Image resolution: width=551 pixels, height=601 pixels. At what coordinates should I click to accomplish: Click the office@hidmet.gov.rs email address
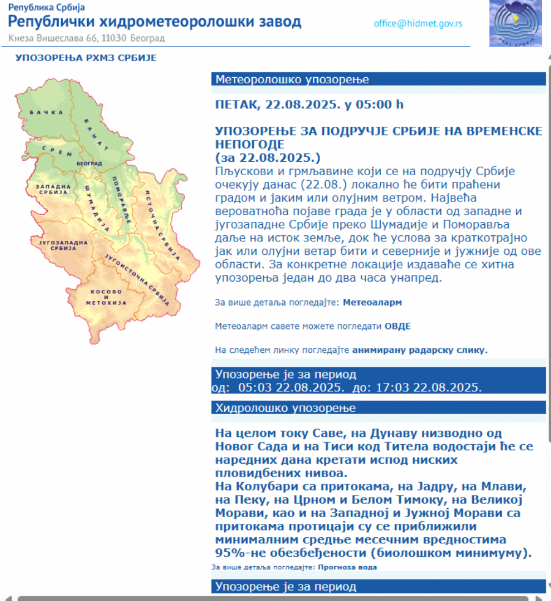418,24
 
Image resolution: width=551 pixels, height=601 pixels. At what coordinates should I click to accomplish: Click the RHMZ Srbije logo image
516,23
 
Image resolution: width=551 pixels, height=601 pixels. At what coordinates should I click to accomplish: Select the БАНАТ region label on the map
96,134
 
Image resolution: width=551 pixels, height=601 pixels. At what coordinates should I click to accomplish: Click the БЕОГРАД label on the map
89,164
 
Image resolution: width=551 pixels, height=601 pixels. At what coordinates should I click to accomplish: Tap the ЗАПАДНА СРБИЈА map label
51,189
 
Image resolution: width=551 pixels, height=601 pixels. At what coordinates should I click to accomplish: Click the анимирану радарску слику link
420,350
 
